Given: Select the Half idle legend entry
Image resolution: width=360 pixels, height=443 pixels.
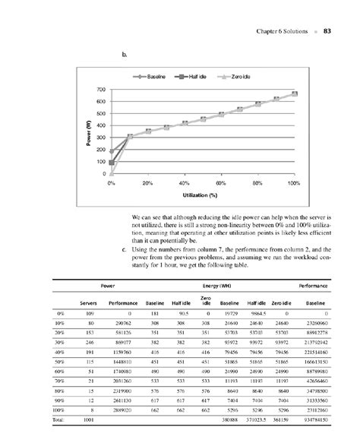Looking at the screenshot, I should [194, 77].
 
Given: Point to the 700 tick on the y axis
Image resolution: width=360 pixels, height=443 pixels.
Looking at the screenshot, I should [101, 90].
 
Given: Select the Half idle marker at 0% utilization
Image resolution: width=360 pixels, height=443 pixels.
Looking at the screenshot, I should [112, 163].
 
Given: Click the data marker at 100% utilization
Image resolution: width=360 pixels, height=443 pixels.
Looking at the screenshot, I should [295, 94].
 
